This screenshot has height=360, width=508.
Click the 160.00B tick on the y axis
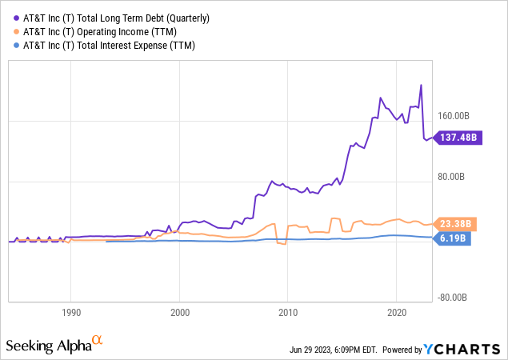(454, 116)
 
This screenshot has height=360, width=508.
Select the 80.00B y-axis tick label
(453, 177)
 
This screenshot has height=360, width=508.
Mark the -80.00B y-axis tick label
(452, 298)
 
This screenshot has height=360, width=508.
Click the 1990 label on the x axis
(71, 312)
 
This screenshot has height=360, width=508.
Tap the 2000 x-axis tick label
(180, 312)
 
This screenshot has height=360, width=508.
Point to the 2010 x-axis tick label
(288, 312)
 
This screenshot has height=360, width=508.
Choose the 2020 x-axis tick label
(397, 312)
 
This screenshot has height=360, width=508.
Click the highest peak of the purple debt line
(421, 85)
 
